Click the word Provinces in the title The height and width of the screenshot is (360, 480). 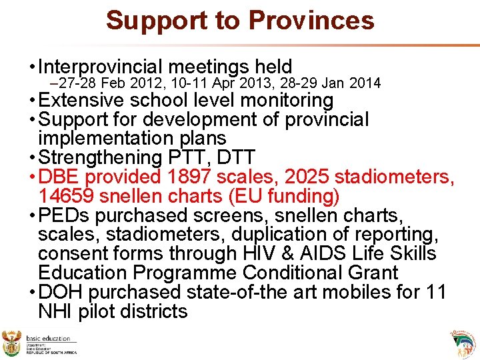(x=311, y=20)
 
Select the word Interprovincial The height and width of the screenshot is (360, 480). (x=101, y=67)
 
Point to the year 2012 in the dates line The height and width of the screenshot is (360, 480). (x=129, y=83)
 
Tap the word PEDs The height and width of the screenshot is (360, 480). (x=63, y=215)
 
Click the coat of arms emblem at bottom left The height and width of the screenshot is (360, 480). (x=11, y=343)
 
